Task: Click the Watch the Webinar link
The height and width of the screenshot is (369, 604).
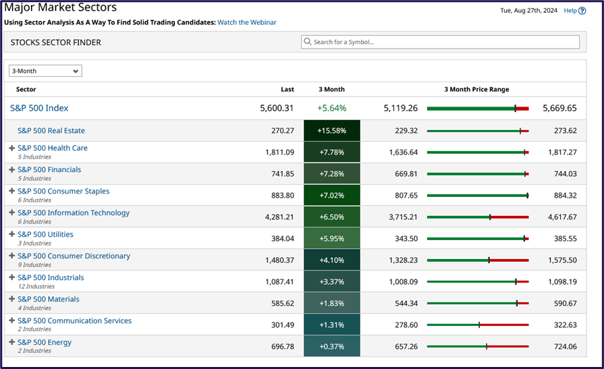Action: tap(246, 22)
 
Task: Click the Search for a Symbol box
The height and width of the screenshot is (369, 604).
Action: tap(440, 42)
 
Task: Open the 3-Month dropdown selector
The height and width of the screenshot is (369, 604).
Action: tap(45, 71)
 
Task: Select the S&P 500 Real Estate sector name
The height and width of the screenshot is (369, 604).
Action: tap(51, 130)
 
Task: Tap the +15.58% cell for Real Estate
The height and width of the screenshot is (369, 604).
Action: tap(332, 130)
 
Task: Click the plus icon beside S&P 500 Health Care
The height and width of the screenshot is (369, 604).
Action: tap(11, 148)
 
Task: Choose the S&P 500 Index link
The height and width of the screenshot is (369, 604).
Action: tap(39, 108)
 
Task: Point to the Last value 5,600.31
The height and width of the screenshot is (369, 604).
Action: tap(277, 108)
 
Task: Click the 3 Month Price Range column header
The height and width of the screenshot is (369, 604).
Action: tap(476, 89)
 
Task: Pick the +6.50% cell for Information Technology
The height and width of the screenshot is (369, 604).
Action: tap(332, 217)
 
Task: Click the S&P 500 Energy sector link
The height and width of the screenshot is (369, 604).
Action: tap(45, 342)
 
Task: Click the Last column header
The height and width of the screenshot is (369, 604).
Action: tap(287, 89)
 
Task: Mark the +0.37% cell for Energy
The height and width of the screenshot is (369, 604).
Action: tap(332, 346)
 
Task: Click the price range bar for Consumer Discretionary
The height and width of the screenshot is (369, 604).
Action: tap(478, 260)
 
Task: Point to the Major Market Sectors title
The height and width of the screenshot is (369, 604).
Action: tap(61, 8)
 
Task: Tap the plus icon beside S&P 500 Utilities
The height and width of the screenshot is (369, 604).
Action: tap(11, 235)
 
